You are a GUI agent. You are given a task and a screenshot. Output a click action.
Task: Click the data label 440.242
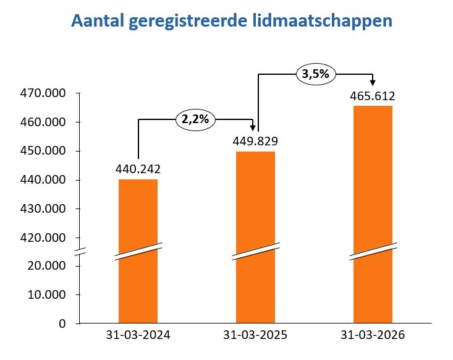click(x=138, y=169)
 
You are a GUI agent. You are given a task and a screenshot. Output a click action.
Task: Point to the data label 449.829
click(x=255, y=140)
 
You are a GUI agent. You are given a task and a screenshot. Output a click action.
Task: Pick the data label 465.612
click(x=373, y=95)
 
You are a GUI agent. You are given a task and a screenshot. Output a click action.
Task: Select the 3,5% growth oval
click(x=315, y=74)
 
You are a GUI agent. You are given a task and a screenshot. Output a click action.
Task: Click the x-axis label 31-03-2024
click(x=138, y=335)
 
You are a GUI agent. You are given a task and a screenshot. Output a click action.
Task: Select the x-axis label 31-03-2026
click(x=373, y=335)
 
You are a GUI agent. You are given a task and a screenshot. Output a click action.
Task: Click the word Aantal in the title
click(x=99, y=20)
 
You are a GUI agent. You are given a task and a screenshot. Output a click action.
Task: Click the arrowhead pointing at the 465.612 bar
click(x=373, y=83)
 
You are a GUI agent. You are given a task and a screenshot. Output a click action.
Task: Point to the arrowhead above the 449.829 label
click(x=255, y=127)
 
